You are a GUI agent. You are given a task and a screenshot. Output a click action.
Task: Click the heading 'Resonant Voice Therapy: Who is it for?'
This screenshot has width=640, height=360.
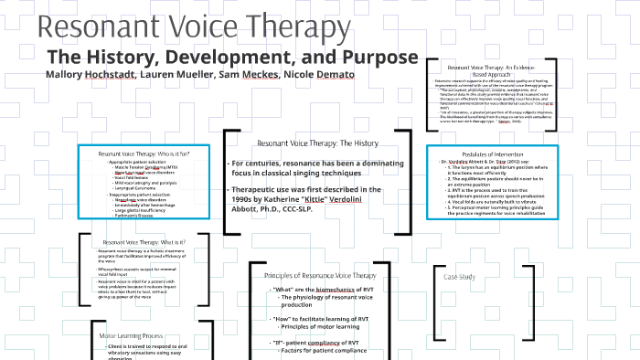point(144,154)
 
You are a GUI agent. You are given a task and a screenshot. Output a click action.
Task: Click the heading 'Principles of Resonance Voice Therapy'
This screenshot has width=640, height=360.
point(320,275)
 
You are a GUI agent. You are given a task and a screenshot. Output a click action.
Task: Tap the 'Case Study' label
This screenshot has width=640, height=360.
point(459,276)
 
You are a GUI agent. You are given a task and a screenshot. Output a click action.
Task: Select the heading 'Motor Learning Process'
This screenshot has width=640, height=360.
point(131,335)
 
